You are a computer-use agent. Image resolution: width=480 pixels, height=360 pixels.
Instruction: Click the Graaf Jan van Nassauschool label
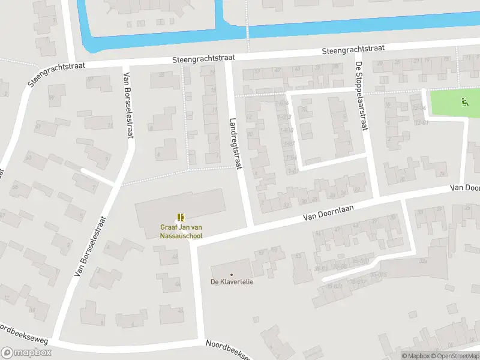tap(181, 232)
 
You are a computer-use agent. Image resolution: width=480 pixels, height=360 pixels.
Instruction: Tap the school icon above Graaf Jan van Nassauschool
tap(181, 217)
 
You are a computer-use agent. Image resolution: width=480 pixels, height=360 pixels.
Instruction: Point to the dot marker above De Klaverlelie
tap(232, 274)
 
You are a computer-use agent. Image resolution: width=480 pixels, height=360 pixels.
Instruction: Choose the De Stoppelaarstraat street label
tap(361, 96)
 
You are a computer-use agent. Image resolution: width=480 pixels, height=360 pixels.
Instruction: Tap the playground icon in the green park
tap(464, 102)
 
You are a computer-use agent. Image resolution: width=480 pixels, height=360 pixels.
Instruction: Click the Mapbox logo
tap(26, 353)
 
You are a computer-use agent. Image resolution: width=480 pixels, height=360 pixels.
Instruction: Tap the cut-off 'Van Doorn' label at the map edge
tap(466, 188)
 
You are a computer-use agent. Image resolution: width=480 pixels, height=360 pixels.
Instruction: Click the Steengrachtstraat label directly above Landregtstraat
tap(203, 59)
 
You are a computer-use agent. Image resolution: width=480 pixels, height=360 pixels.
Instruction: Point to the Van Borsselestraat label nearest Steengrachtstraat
tap(127, 106)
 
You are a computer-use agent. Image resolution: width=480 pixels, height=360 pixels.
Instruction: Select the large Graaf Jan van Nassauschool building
tap(180, 207)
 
